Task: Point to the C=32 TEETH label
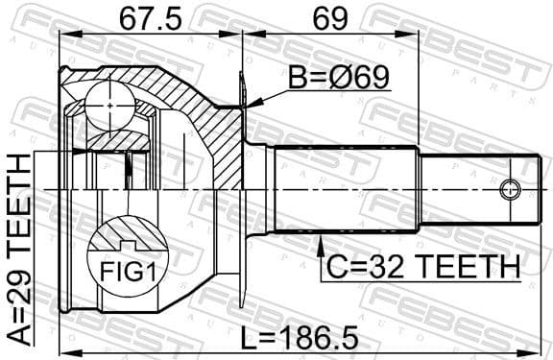tap(420, 264)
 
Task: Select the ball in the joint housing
tap(108, 100)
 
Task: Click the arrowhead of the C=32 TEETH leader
tap(318, 243)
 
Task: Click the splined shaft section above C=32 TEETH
tap(346, 190)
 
